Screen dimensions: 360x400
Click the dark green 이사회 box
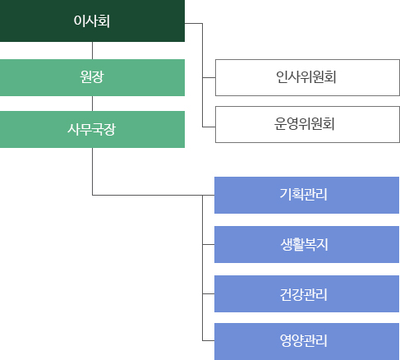pyautogui.click(x=92, y=21)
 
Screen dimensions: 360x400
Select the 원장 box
pyautogui.click(x=92, y=77)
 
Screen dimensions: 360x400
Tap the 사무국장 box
pyautogui.click(x=92, y=129)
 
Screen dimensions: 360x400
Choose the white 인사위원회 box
pyautogui.click(x=306, y=78)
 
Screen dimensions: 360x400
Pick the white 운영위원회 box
pyautogui.click(x=306, y=125)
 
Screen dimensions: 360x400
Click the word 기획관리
pyautogui.click(x=306, y=196)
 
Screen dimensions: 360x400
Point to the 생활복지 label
pyautogui.click(x=306, y=244)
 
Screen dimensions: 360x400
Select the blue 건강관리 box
pyautogui.click(x=306, y=293)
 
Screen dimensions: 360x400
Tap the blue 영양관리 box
pyautogui.click(x=306, y=341)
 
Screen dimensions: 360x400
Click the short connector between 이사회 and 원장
pyautogui.click(x=92, y=50)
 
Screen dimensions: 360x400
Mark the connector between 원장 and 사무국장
pyautogui.click(x=92, y=103)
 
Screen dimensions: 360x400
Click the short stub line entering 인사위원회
pyautogui.click(x=208, y=78)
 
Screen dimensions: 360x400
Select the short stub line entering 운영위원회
pyautogui.click(x=208, y=125)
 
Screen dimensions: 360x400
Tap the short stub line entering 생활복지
pyautogui.click(x=208, y=244)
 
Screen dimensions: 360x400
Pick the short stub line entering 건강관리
pyautogui.click(x=208, y=293)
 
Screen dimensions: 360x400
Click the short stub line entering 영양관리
pyautogui.click(x=208, y=341)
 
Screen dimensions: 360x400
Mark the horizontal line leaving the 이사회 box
pyautogui.click(x=193, y=25)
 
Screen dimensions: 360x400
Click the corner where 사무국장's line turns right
pyautogui.click(x=92, y=196)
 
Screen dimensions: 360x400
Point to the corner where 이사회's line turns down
pyautogui.click(x=202, y=25)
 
